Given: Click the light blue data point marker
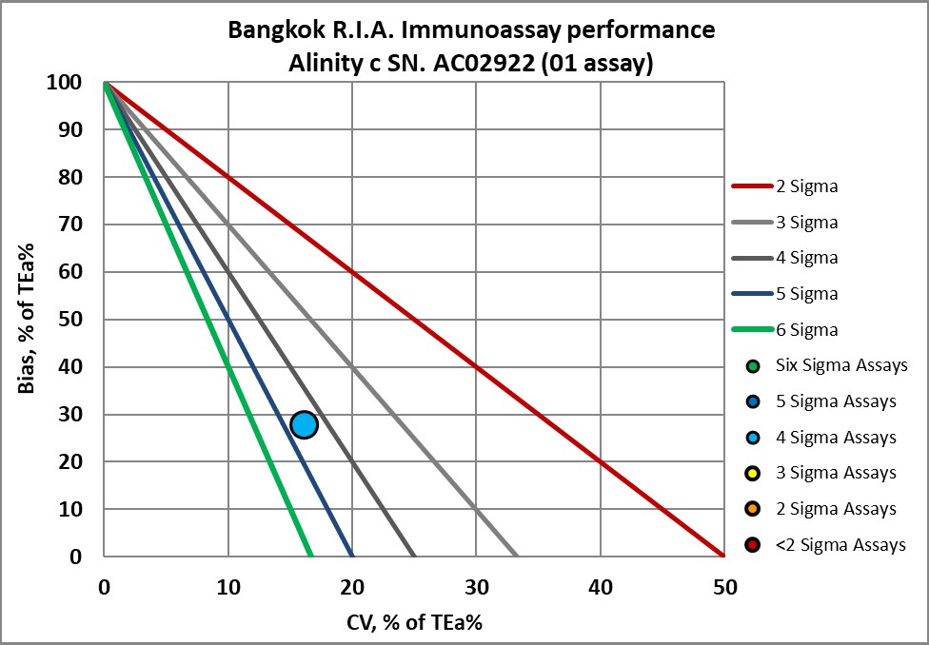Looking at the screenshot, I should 304,424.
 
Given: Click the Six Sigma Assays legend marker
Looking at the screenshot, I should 754,366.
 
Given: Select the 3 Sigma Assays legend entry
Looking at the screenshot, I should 824,473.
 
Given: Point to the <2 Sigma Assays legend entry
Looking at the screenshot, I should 824,545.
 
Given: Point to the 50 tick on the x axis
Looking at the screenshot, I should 723,588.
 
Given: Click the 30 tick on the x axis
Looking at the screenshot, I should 476,588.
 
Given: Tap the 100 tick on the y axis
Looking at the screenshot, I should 72,83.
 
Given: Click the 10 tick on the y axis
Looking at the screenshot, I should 78,510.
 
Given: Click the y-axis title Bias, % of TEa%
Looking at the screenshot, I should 28,319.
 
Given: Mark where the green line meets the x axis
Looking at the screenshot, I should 311,557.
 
